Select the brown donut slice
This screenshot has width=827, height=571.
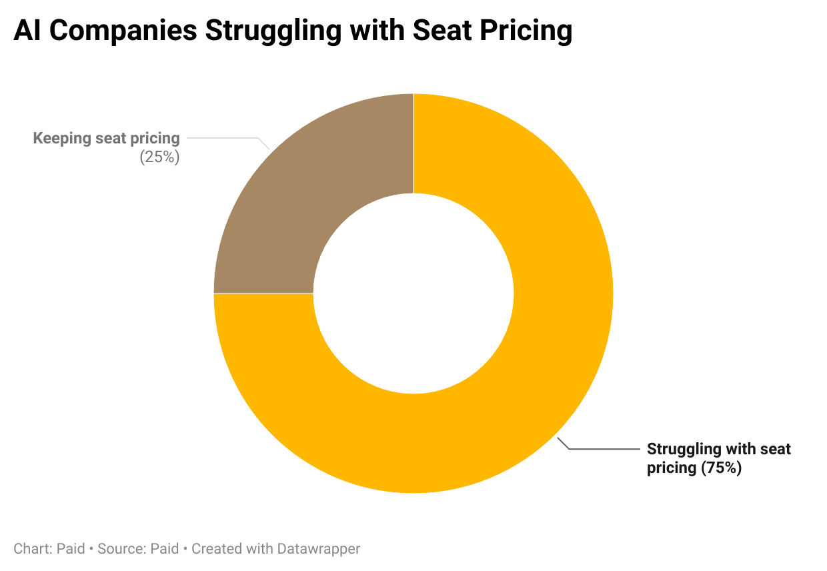pyautogui.click(x=280, y=200)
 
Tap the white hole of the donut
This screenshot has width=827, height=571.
pyautogui.click(x=414, y=294)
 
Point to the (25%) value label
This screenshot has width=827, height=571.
pyautogui.click(x=159, y=157)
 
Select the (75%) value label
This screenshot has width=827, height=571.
pyautogui.click(x=721, y=468)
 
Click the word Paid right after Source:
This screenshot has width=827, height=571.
pyautogui.click(x=164, y=549)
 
